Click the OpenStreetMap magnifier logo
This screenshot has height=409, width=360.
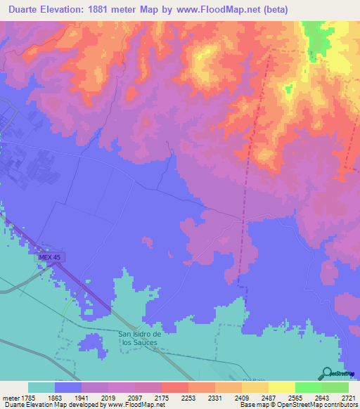[328, 373]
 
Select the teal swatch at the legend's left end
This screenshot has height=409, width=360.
[41, 387]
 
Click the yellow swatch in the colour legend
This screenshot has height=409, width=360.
[281, 387]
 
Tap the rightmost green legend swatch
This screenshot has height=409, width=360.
[335, 387]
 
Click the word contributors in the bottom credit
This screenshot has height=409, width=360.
[340, 405]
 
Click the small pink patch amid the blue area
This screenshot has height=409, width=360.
[148, 242]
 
